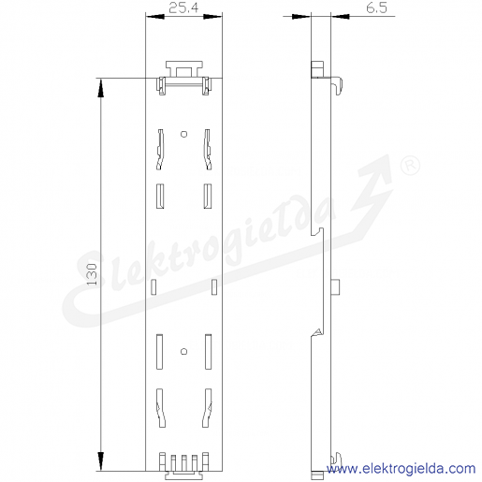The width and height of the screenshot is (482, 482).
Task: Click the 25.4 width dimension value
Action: pyautogui.click(x=183, y=8)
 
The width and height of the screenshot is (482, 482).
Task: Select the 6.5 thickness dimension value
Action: pyautogui.click(x=376, y=8)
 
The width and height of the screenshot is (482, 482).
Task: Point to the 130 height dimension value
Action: pyautogui.click(x=93, y=274)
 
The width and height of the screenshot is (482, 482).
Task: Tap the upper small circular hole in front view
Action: pyautogui.click(x=184, y=134)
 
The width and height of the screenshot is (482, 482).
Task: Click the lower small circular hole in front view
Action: pyautogui.click(x=184, y=352)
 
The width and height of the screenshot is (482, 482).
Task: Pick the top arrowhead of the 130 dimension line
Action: pyautogui.click(x=100, y=88)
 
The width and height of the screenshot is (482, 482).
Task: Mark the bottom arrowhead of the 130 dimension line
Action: pyautogui.click(x=100, y=461)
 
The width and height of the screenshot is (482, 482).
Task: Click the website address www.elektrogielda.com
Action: pyautogui.click(x=401, y=469)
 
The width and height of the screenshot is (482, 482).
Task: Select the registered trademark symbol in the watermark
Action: pyautogui.click(x=410, y=166)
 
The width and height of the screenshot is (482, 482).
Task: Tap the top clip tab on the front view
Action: pyautogui.click(x=184, y=68)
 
